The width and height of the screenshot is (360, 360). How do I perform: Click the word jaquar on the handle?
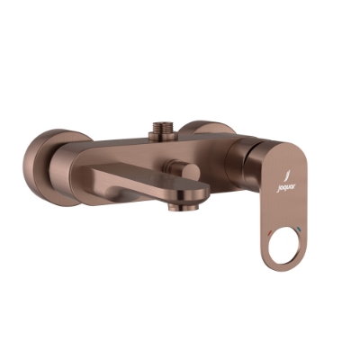tap(282, 187)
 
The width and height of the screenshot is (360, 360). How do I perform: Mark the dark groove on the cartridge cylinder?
tap(237, 162)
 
